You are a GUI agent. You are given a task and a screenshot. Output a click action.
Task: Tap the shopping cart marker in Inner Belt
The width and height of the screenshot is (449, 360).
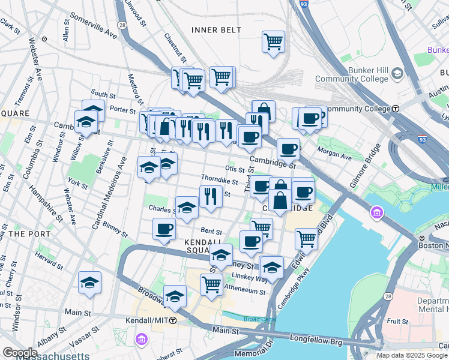[273, 42]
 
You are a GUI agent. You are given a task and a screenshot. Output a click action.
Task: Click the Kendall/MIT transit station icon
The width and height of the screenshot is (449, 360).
[172, 320]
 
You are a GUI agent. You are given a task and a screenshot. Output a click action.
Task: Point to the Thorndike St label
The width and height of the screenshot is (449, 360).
[219, 179]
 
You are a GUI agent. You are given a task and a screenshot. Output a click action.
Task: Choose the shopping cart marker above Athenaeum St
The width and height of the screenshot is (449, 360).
[211, 284]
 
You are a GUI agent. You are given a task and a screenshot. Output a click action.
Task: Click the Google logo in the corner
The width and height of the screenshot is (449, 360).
[20, 353]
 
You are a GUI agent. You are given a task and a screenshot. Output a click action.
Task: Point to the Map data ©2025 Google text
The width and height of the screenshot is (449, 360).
[411, 355]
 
